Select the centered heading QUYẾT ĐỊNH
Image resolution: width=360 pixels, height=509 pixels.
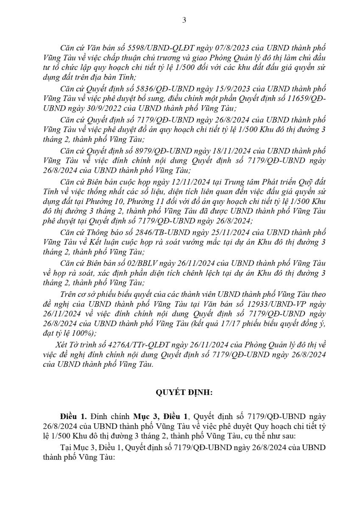tap(184, 393)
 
